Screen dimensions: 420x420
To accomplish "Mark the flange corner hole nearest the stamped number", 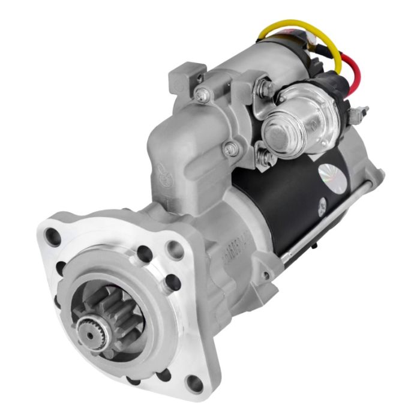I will pos(175,247).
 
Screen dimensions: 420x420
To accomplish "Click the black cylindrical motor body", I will pos(282,204).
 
